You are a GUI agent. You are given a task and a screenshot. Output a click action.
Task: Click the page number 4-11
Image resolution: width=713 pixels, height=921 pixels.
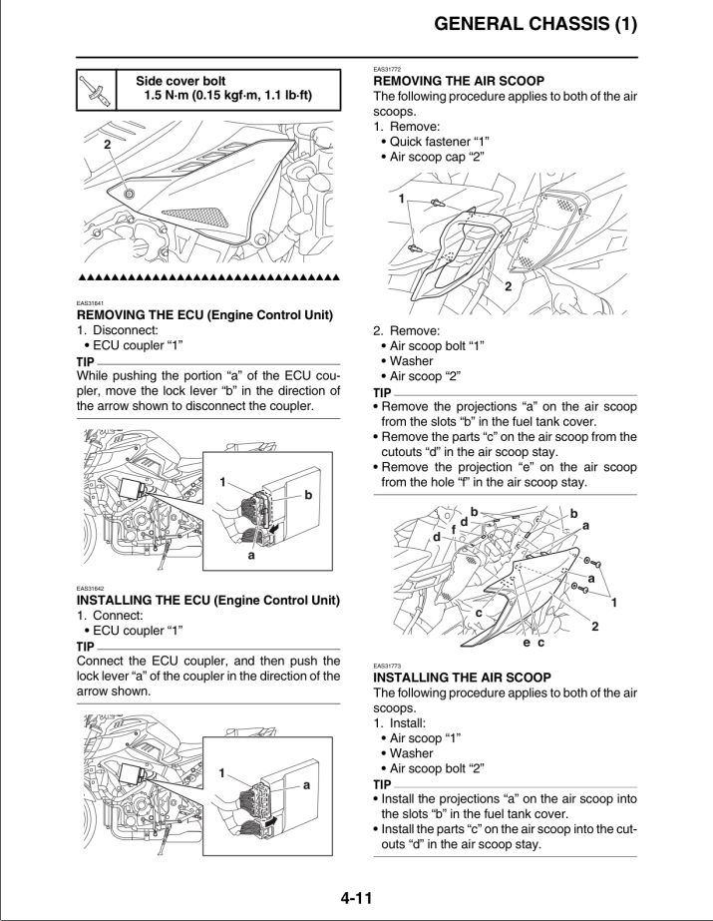pos(356,898)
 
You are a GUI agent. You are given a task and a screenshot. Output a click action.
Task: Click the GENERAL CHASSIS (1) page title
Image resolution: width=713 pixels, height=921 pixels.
pos(535,24)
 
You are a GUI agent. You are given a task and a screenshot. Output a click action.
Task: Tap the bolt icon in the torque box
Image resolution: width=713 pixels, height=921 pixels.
pos(97,91)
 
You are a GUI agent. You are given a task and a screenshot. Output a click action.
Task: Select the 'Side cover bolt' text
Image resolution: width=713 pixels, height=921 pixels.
pos(180,81)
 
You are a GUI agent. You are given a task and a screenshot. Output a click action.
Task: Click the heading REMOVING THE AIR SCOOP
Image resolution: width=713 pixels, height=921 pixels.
pos(459,81)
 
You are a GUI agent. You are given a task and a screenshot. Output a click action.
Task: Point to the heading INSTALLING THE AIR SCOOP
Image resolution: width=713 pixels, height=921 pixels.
pos(463,678)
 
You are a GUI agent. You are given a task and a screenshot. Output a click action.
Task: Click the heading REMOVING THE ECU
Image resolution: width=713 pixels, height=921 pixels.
pos(204,315)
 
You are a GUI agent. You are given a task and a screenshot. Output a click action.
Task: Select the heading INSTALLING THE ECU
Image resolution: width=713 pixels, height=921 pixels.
pos(208,601)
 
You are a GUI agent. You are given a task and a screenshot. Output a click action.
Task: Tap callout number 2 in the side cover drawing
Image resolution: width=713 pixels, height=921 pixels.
pos(108,145)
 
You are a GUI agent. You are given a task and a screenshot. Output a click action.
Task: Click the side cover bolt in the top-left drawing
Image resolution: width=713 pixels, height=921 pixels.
pos(129,194)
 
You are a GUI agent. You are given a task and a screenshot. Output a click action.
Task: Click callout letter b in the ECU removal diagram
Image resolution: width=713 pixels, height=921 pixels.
pos(308,495)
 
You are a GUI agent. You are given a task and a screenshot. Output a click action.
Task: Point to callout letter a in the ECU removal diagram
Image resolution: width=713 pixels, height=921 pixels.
pos(251,555)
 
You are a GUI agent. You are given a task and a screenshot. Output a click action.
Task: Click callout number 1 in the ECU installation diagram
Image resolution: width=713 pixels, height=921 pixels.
pos(221,773)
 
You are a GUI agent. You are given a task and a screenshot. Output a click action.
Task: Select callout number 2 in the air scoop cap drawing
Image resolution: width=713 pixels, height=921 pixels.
pos(509,286)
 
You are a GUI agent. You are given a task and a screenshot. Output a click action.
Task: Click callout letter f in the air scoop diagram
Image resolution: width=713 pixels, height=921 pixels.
pos(454,530)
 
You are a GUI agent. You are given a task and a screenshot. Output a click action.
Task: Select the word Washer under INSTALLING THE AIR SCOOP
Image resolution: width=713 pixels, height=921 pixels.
pos(412,753)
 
